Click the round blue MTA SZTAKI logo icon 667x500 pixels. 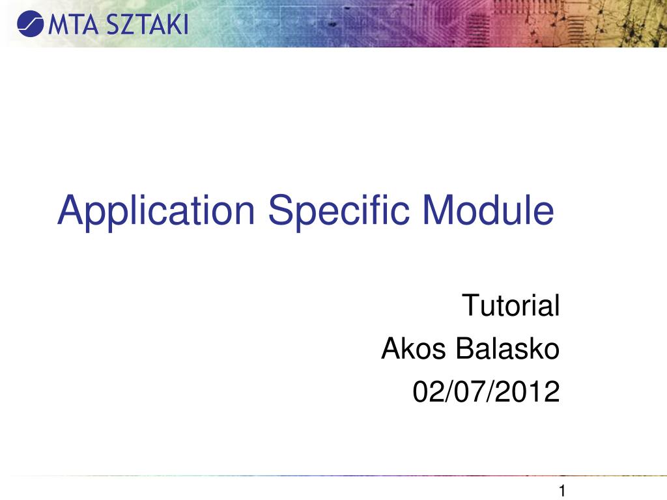pyautogui.click(x=29, y=25)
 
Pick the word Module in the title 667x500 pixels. pyautogui.click(x=488, y=210)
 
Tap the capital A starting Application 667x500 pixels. pyautogui.click(x=70, y=210)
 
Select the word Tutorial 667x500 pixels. pyautogui.click(x=511, y=305)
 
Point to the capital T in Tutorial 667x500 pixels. pyautogui.click(x=469, y=305)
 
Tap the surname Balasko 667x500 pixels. pyautogui.click(x=507, y=350)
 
